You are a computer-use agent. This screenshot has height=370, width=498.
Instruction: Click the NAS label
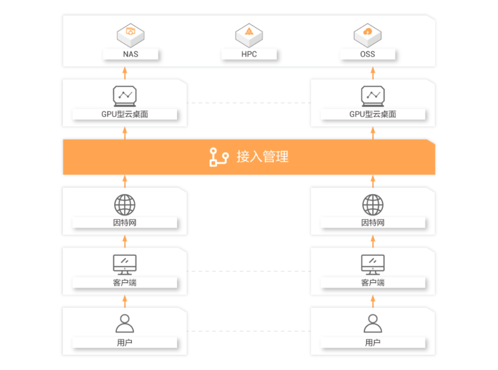130,54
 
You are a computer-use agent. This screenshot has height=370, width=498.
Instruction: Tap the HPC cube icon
249,35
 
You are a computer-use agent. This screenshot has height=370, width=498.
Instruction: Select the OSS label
368,54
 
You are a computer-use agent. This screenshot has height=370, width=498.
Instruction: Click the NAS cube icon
130,35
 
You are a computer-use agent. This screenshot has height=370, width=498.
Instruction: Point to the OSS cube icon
368,35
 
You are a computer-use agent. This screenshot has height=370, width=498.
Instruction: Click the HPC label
249,54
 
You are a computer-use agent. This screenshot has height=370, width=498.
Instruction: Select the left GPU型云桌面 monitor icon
125,96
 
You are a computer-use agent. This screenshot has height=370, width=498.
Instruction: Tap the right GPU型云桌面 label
373,114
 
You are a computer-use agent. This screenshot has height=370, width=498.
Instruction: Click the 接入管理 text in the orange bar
263,157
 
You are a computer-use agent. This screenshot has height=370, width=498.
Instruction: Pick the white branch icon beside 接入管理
219,157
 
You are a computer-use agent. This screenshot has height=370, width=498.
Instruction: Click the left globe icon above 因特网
125,205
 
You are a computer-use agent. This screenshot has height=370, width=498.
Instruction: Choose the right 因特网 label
373,222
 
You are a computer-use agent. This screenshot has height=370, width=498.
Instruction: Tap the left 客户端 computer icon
125,265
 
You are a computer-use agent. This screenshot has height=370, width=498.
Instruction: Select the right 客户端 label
373,283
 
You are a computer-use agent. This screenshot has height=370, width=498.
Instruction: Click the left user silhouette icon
125,323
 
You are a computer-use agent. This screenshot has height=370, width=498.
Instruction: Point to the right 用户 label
373,342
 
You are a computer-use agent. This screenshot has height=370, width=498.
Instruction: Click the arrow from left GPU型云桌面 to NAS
125,73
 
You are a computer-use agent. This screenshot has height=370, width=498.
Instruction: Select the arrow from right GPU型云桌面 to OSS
373,73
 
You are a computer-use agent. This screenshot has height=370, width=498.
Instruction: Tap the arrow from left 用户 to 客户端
125,301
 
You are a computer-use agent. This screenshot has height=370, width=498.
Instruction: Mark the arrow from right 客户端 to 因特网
373,241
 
